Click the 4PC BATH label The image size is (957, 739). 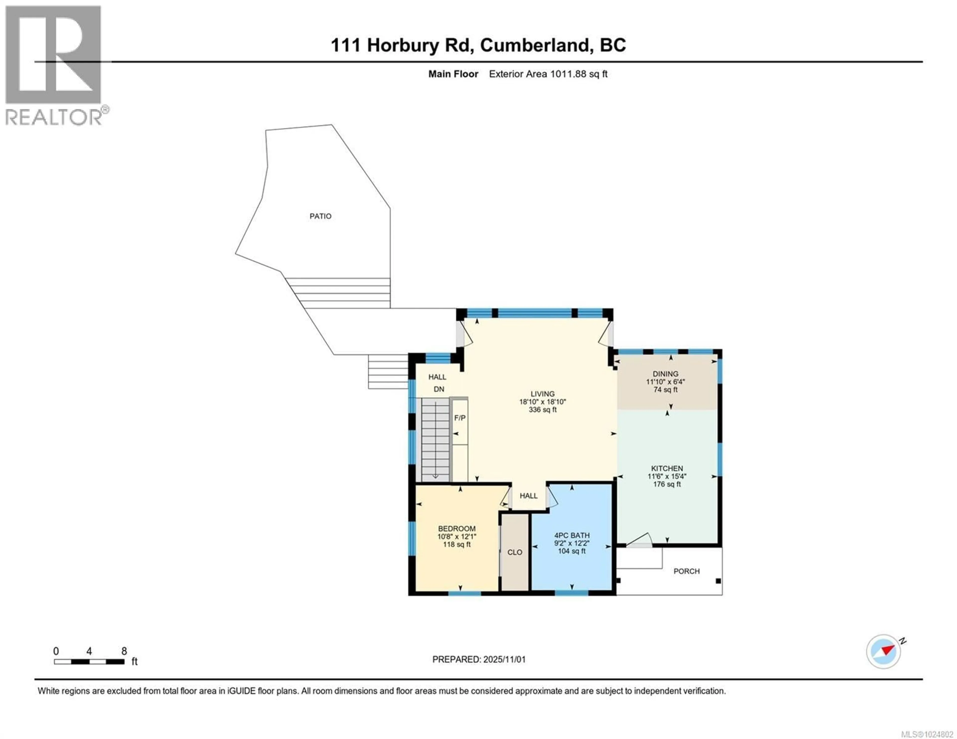(x=572, y=535)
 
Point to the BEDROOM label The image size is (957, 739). (x=457, y=529)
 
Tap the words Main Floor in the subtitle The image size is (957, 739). (x=453, y=74)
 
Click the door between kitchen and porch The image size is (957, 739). (x=639, y=541)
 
